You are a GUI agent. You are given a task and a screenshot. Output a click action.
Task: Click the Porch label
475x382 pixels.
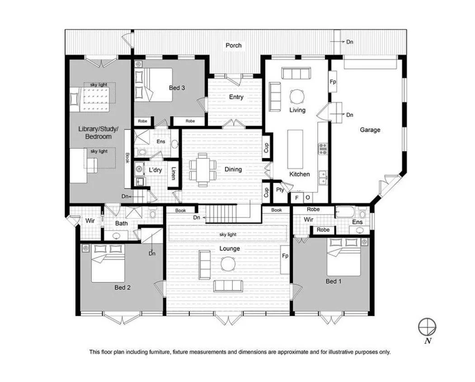(233, 45)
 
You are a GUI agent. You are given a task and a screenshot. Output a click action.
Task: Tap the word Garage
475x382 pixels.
(370, 130)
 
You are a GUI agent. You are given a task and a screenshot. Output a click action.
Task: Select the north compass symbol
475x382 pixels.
(426, 326)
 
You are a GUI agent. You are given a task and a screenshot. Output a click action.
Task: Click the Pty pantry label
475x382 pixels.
(280, 190)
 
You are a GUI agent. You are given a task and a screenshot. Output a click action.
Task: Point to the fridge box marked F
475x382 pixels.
(297, 197)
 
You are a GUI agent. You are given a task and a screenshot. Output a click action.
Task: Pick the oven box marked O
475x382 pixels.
(308, 197)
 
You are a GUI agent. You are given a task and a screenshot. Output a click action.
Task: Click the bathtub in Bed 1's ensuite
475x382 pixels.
(345, 212)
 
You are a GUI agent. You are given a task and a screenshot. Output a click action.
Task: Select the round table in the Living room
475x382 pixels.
(297, 96)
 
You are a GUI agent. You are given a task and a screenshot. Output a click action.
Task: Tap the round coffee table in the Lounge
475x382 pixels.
(228, 263)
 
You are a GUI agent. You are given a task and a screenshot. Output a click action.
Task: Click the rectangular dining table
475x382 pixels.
(200, 169)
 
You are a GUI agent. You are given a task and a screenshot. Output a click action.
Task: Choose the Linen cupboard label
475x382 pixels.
(173, 174)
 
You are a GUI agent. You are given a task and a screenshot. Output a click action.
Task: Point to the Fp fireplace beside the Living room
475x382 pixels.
(333, 82)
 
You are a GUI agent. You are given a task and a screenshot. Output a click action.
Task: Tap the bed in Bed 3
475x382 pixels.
(154, 84)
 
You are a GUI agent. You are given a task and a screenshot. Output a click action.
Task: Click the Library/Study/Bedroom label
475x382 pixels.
(95, 133)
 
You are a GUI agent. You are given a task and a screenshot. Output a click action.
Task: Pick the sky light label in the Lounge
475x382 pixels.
(228, 234)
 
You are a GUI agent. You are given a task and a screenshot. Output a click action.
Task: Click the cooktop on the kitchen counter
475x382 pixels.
(323, 149)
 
